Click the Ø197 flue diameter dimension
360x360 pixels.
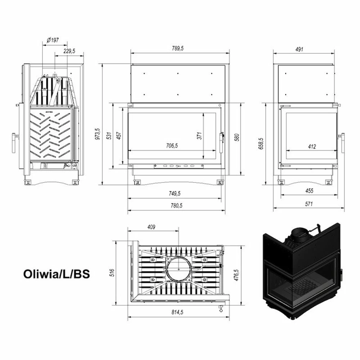click(53, 40)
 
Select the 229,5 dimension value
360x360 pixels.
click(69, 51)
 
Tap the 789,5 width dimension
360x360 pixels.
click(178, 49)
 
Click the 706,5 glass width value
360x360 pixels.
click(172, 145)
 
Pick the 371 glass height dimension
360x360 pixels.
click(199, 136)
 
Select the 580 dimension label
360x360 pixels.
click(237, 137)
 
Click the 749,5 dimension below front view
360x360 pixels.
click(175, 194)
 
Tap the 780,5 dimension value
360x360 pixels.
click(176, 206)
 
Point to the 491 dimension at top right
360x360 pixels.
click(300, 49)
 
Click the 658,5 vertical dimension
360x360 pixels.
click(261, 144)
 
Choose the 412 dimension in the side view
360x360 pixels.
click(312, 147)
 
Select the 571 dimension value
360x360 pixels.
click(309, 204)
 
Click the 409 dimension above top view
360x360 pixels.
click(151, 227)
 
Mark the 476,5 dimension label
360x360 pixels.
click(237, 275)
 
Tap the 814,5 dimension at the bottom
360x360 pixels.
click(177, 312)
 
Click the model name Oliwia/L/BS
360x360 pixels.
click(57, 274)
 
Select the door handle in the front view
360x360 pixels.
click(221, 143)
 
